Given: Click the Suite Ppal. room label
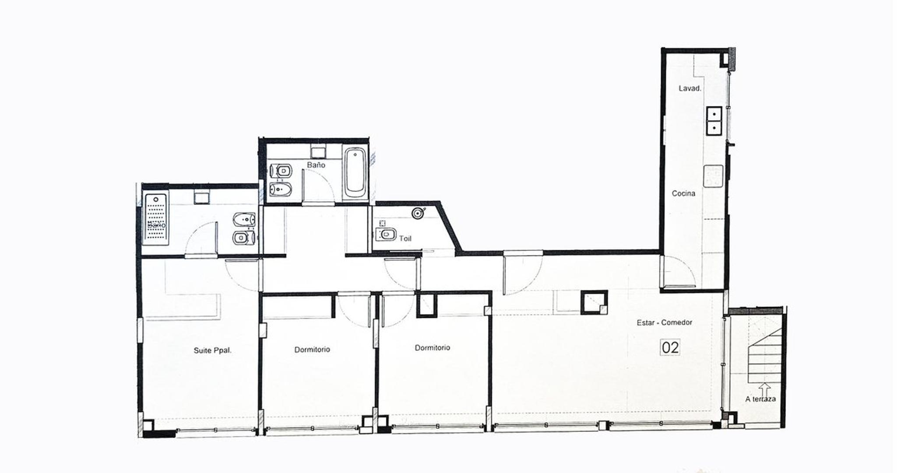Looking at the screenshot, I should pyautogui.click(x=212, y=350).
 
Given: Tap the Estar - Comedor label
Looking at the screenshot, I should pyautogui.click(x=664, y=323).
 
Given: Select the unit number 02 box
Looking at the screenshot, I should pyautogui.click(x=670, y=347).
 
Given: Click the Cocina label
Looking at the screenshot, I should pyautogui.click(x=683, y=193).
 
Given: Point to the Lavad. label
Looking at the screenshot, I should pyautogui.click(x=690, y=88).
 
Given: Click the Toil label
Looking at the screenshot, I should pyautogui.click(x=405, y=239).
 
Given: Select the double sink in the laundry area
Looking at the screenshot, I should pyautogui.click(x=714, y=120).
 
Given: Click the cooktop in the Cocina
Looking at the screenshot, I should pyautogui.click(x=713, y=176).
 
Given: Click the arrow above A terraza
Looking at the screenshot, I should pyautogui.click(x=764, y=389).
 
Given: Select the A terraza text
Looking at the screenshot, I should pyautogui.click(x=760, y=399).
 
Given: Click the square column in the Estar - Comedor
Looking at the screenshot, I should pyautogui.click(x=594, y=302).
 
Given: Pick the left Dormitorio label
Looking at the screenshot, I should pyautogui.click(x=312, y=349).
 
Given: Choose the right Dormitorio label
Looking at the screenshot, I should pyautogui.click(x=432, y=348).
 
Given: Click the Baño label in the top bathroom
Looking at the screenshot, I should pyautogui.click(x=316, y=165).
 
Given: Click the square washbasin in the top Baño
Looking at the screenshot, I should pyautogui.click(x=317, y=152).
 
